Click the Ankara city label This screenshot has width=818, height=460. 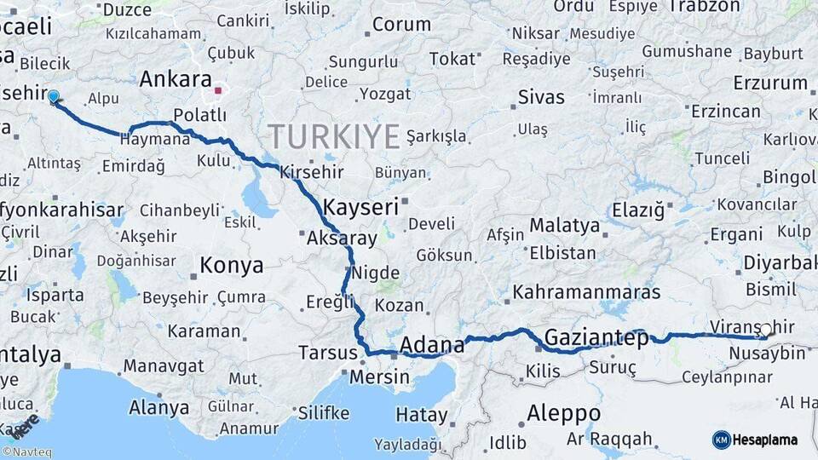175,80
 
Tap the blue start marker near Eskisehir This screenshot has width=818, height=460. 54,97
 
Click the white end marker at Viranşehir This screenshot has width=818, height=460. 765,330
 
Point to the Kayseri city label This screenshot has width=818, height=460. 360,206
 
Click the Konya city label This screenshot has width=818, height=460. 231,266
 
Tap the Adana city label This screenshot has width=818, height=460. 432,345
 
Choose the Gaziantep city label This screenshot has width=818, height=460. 596,336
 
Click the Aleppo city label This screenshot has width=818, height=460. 563,414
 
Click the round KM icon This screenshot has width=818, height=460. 721,440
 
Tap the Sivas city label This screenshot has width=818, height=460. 541,97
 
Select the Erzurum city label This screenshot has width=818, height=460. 770,83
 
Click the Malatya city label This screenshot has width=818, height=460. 564,226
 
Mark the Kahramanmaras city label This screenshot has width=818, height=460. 586,292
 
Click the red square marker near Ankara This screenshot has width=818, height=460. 218,89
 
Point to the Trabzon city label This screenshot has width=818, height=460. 705,7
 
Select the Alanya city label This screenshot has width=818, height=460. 158,408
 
